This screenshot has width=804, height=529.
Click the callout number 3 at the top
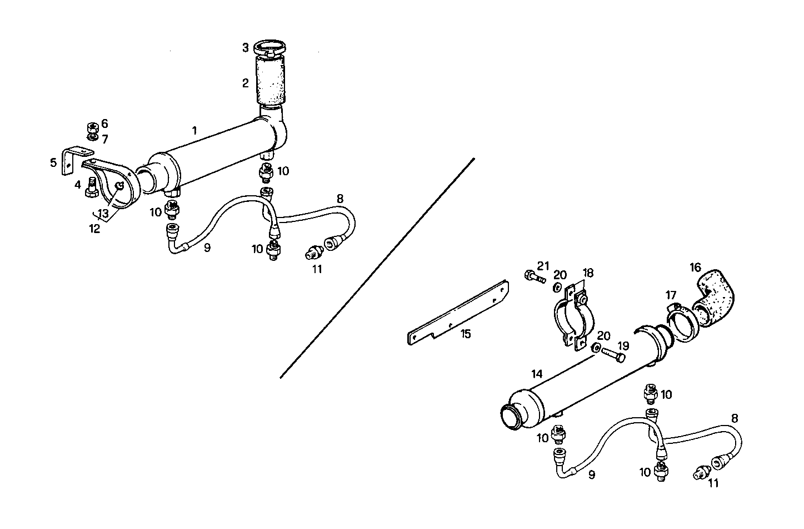point(245,48)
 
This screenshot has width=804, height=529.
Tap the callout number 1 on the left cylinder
point(194,131)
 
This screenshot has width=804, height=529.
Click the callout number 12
point(95,228)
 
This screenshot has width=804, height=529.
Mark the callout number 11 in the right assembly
point(713,483)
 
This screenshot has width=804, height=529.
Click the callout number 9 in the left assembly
point(207,248)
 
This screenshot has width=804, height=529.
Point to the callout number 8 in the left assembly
point(340,198)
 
